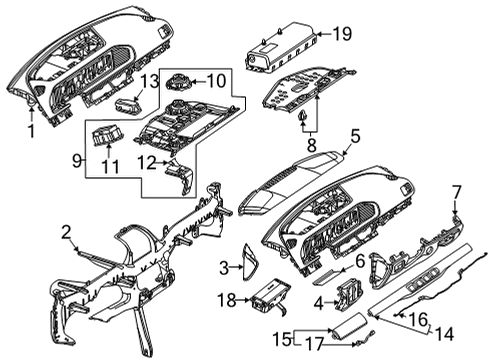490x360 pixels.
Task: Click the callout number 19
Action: click(342, 34)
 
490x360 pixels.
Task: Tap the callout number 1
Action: click(31, 131)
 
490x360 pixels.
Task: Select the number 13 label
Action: click(149, 81)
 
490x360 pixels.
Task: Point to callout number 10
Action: click(217, 81)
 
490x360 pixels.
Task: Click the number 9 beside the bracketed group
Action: click(77, 161)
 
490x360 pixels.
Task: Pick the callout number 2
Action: click(66, 232)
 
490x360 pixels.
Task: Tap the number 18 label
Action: click(228, 300)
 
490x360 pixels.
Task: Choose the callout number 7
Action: click(456, 193)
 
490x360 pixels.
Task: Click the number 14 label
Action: click(444, 333)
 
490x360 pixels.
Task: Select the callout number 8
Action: click(311, 145)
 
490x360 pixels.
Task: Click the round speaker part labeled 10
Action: click(179, 82)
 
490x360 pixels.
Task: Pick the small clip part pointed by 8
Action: click(303, 116)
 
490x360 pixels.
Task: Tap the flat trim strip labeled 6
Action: click(329, 276)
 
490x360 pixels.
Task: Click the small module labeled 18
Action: click(269, 295)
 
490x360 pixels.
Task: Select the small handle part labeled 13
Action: click(128, 106)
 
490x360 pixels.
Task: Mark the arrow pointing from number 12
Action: click(162, 163)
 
